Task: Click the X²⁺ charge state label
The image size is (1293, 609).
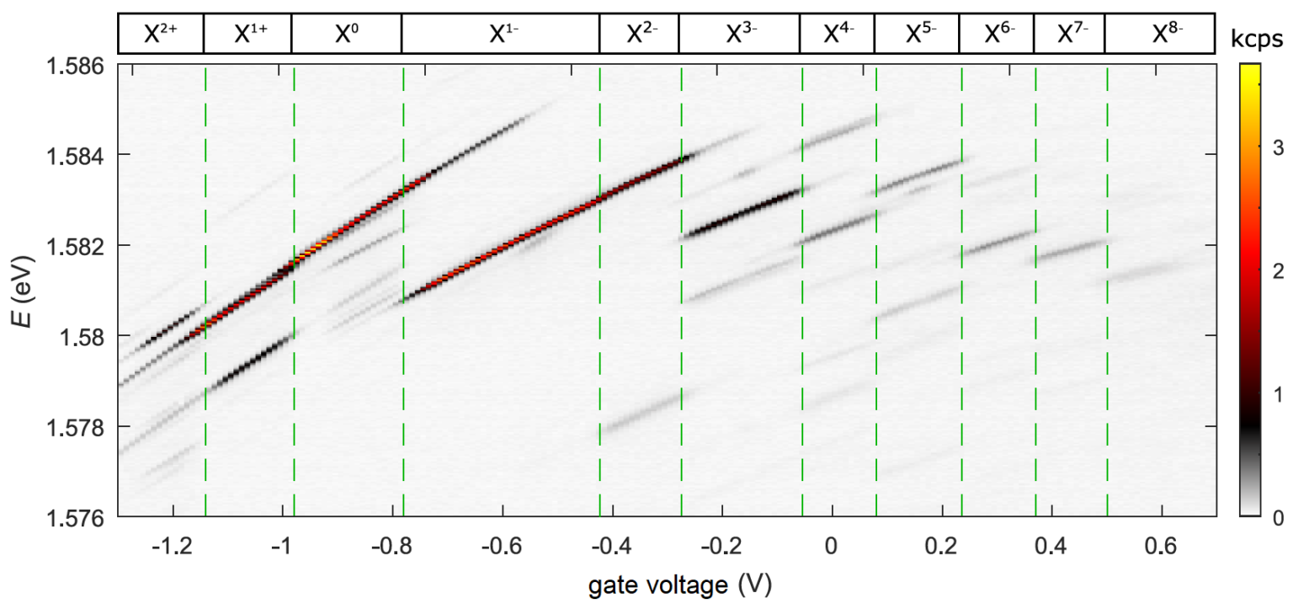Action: pyautogui.click(x=160, y=35)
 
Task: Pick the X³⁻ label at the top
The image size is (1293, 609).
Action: pyautogui.click(x=738, y=35)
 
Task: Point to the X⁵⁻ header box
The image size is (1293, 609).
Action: pyautogui.click(x=916, y=35)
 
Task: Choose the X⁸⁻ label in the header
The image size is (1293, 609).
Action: pyautogui.click(x=1160, y=35)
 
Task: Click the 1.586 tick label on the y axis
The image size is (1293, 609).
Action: pyautogui.click(x=82, y=65)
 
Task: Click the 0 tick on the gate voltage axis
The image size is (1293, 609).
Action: pyautogui.click(x=831, y=546)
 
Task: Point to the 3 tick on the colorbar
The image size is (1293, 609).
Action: pyautogui.click(x=1279, y=149)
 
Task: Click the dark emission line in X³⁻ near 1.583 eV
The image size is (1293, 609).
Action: pyautogui.click(x=741, y=211)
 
